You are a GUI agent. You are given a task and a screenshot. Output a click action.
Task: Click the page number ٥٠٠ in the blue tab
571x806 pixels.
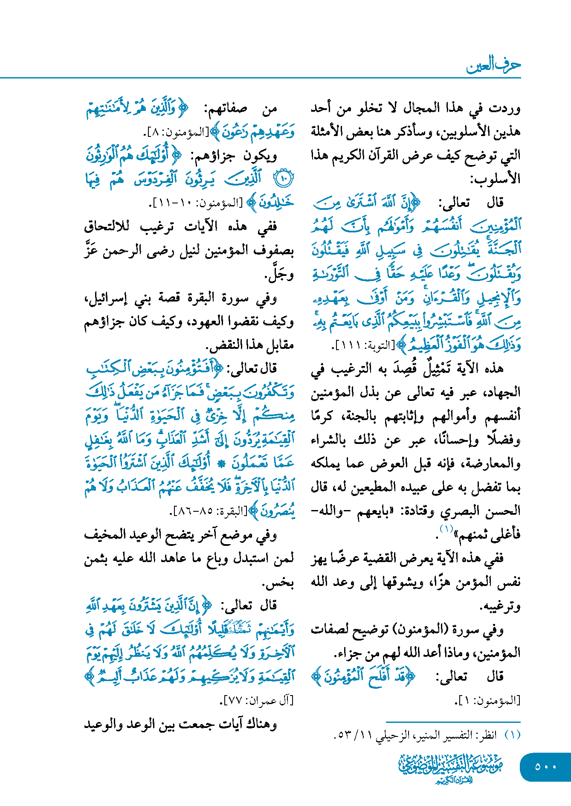pyautogui.click(x=545, y=767)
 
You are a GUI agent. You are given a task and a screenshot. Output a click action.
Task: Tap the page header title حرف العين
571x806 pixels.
pyautogui.click(x=493, y=65)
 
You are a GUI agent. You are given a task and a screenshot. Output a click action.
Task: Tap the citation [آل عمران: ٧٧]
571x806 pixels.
pyautogui.click(x=257, y=700)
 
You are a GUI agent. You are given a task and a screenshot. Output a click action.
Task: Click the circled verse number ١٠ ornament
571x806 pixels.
pyautogui.click(x=283, y=179)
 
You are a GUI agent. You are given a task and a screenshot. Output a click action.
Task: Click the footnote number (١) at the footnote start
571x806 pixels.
pyautogui.click(x=513, y=735)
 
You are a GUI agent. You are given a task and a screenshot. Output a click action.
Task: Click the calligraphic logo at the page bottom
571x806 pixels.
pyautogui.click(x=451, y=768)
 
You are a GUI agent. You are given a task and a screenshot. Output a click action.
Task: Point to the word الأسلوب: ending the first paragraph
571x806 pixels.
pyautogui.click(x=495, y=179)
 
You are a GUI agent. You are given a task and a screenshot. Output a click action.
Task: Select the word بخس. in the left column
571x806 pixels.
pyautogui.click(x=278, y=583)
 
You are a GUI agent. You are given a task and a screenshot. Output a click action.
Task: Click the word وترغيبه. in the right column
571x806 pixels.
pyautogui.click(x=500, y=606)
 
